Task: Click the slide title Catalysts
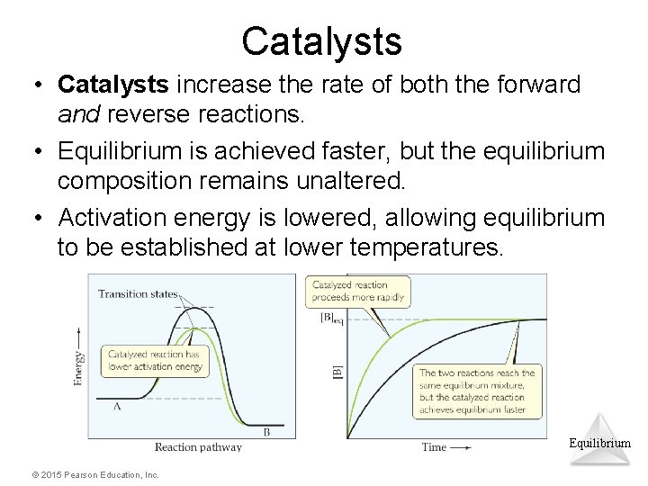(321, 40)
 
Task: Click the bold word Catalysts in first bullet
(112, 85)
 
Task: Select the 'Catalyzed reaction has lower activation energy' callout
(156, 360)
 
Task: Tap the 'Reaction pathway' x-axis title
(198, 446)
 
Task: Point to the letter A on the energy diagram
(117, 406)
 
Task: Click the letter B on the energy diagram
(266, 431)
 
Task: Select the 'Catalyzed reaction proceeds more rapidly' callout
(357, 291)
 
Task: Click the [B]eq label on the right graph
(331, 319)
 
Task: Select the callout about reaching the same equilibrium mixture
(477, 391)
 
